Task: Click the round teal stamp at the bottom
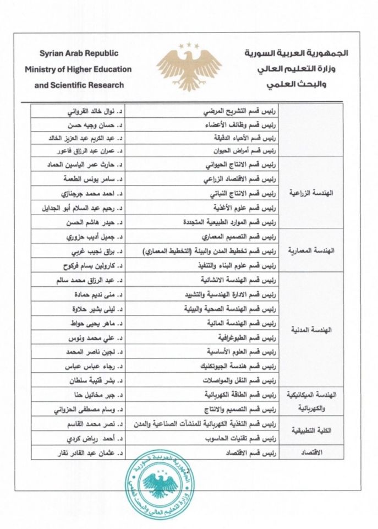[x=161, y=485]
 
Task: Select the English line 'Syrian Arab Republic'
[x=78, y=55]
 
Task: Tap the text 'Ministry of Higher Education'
[x=78, y=70]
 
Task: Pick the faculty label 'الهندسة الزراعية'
[x=317, y=194]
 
